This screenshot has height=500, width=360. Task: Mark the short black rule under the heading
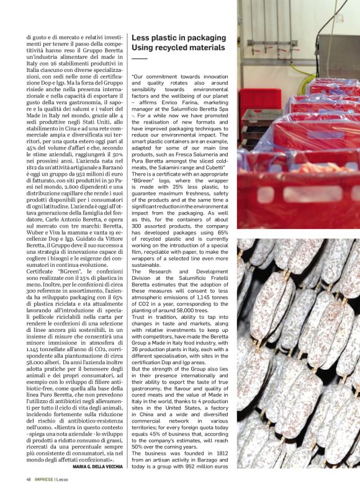point(140,58)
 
